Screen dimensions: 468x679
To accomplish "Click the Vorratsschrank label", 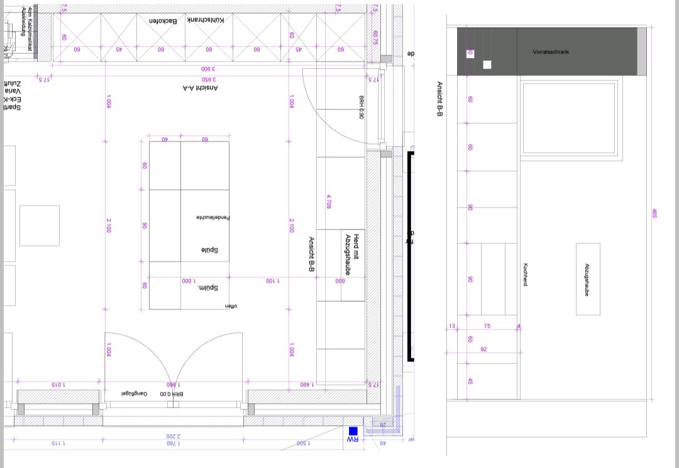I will pyautogui.click(x=550, y=52).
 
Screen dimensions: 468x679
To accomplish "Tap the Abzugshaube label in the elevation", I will pyautogui.click(x=587, y=279).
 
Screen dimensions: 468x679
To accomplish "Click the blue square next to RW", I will pyautogui.click(x=353, y=431).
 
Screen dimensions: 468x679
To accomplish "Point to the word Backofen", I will pyautogui.click(x=163, y=21).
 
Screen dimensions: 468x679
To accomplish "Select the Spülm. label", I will pyautogui.click(x=207, y=288).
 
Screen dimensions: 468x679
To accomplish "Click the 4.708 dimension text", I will pyautogui.click(x=329, y=201).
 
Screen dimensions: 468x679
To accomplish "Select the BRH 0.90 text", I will pyautogui.click(x=362, y=107).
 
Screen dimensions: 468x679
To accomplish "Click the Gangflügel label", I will pyautogui.click(x=135, y=393).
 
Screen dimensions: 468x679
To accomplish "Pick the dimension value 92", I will pyautogui.click(x=483, y=349).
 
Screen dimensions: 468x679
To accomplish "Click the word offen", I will pyautogui.click(x=233, y=306).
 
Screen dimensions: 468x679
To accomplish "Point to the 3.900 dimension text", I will pyautogui.click(x=209, y=69).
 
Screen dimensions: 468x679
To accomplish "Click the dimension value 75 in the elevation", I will pyautogui.click(x=487, y=326).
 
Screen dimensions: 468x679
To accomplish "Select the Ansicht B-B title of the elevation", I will pyautogui.click(x=439, y=100).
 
